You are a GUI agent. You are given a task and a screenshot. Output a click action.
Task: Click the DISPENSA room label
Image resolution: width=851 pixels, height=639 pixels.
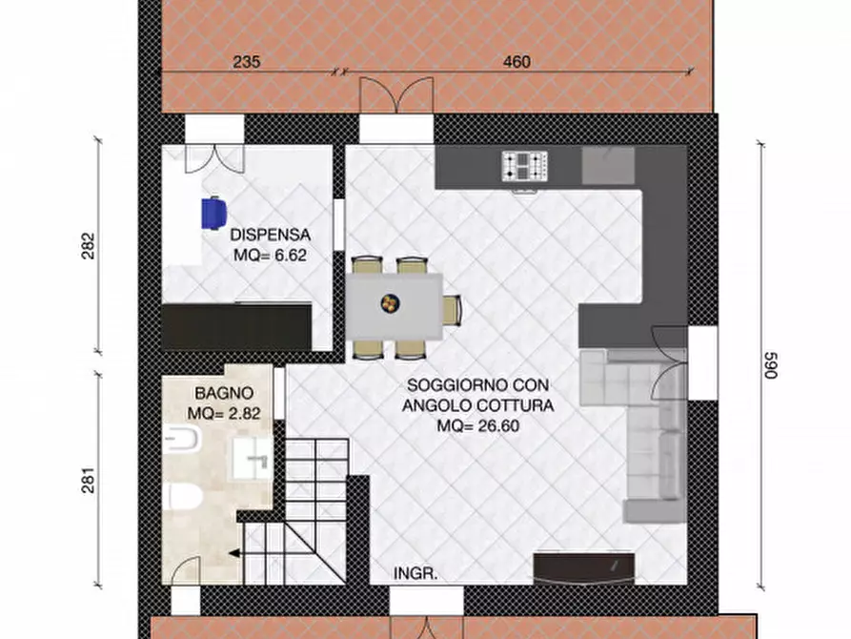click(271, 233)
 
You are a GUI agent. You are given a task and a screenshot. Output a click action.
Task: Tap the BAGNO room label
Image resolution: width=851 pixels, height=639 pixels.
click(224, 392)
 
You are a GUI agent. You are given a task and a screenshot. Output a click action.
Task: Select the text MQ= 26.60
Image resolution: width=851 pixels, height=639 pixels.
click(478, 426)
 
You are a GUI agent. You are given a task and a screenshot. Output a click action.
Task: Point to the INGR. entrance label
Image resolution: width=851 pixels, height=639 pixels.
click(415, 574)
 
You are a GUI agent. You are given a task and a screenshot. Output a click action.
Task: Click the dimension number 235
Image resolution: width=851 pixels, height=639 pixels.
click(247, 62)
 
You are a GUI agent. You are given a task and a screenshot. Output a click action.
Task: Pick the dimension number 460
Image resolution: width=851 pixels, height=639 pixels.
click(516, 62)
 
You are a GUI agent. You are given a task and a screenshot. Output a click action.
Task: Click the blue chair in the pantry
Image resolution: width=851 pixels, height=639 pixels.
click(214, 212)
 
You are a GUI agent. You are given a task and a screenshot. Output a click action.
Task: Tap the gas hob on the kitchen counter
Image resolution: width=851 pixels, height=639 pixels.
click(526, 167)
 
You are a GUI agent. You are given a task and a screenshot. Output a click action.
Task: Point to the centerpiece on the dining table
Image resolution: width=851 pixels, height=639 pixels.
click(389, 303)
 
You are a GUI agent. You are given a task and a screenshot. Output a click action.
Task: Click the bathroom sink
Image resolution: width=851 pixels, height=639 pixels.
click(254, 462)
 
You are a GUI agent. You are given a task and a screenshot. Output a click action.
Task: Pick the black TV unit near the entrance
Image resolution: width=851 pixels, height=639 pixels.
click(582, 568)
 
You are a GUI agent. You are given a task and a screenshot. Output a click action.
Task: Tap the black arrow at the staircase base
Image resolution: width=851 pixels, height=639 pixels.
click(233, 552)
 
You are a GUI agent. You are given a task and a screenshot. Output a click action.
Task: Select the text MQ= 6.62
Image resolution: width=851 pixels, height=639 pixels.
click(274, 256)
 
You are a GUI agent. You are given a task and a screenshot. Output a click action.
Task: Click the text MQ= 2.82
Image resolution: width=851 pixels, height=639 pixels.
click(224, 413)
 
